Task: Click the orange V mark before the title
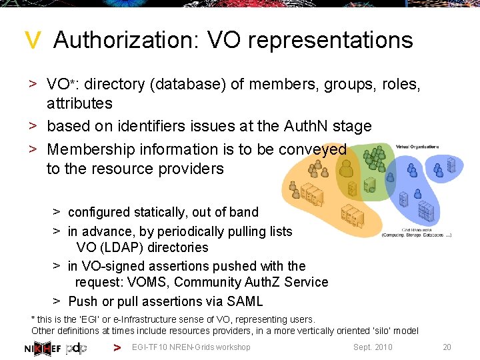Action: coord(32,41)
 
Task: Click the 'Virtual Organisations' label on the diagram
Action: coord(417,147)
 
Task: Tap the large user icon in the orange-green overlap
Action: coord(346,171)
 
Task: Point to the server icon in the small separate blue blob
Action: coord(451,164)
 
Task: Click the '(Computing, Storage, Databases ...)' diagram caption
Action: coord(417,234)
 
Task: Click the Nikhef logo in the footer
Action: coord(43,347)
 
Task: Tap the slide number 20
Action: coord(447,347)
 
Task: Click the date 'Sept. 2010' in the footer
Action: coord(373,347)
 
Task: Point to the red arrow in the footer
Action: coord(117,347)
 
